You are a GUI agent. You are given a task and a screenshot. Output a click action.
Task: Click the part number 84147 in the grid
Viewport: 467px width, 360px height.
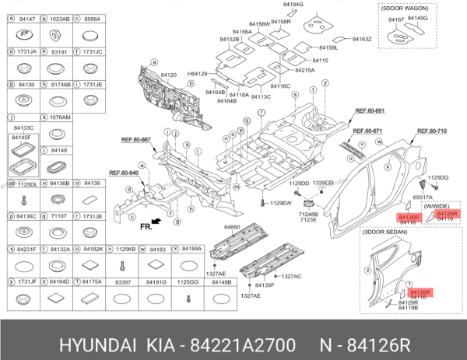[x=26, y=17]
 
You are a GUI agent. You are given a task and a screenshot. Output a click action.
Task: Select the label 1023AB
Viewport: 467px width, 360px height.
[x=60, y=17]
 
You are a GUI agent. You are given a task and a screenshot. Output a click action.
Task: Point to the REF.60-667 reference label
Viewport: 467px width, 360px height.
[x=135, y=139]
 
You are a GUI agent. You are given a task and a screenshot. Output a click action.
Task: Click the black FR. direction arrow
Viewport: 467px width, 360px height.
[x=158, y=223]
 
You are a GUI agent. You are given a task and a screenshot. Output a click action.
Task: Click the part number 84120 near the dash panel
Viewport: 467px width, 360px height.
[x=169, y=75]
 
